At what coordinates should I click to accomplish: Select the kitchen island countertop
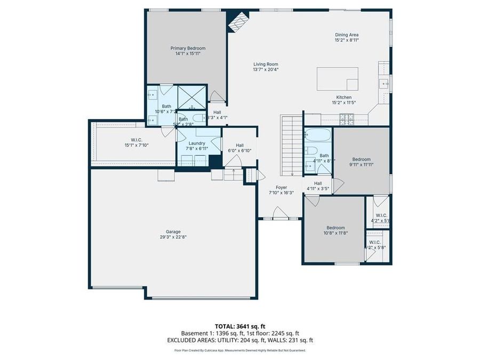coord(337,79)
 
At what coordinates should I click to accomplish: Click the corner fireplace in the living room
coord(237,21)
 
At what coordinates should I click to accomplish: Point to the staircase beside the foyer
coord(292,146)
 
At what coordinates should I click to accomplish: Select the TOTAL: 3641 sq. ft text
coord(239,326)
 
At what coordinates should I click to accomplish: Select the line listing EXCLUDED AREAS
coord(239,340)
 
